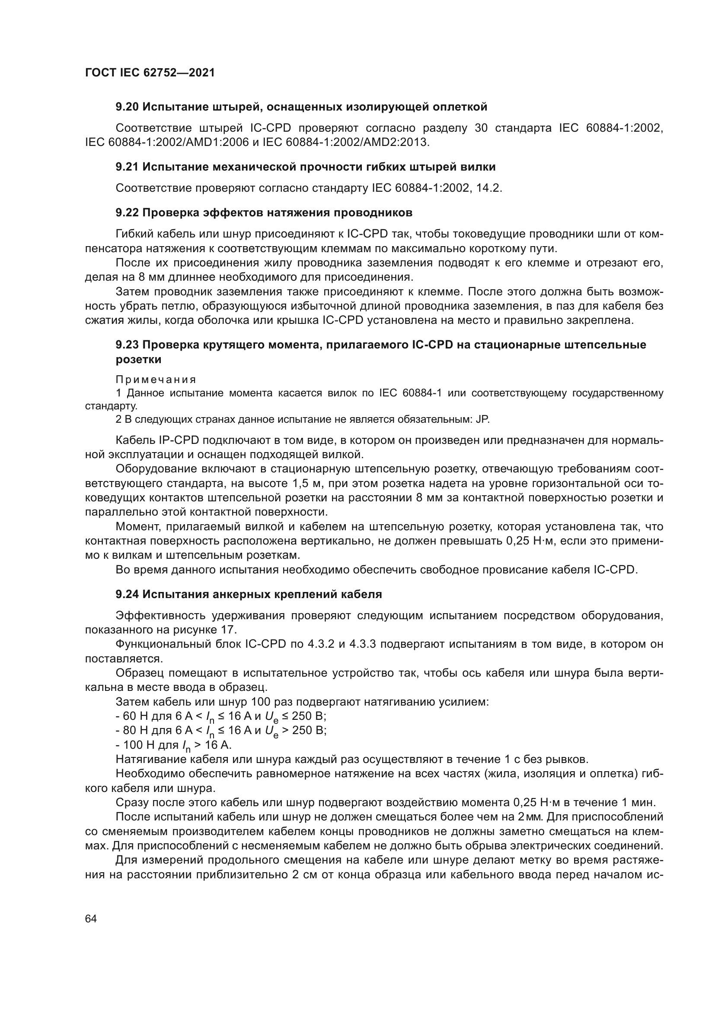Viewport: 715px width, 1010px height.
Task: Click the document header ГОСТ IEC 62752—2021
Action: pos(150,73)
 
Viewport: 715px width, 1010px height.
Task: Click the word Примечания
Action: pos(156,379)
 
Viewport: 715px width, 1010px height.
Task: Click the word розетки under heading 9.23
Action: pos(138,359)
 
